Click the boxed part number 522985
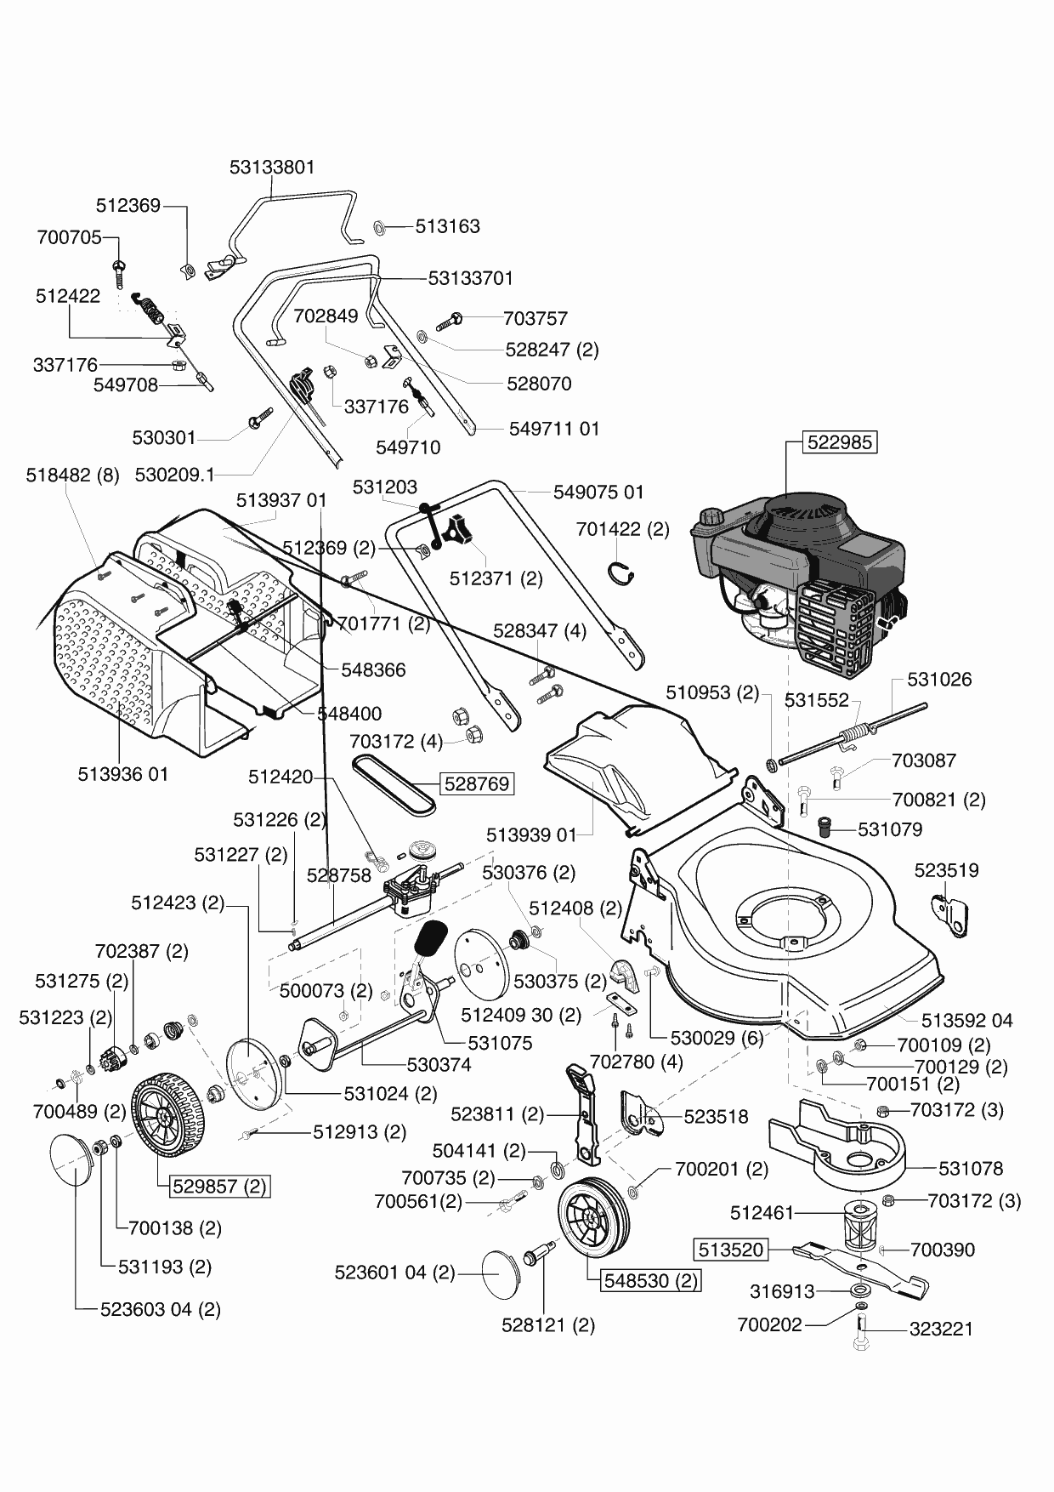841,442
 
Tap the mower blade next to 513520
858,1267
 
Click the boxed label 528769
477,783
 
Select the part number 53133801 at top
272,167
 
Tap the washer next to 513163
380,227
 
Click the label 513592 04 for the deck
967,1020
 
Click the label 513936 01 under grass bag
123,774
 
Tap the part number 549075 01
598,492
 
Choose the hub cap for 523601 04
502,1273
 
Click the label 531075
501,1042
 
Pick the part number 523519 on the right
946,870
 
